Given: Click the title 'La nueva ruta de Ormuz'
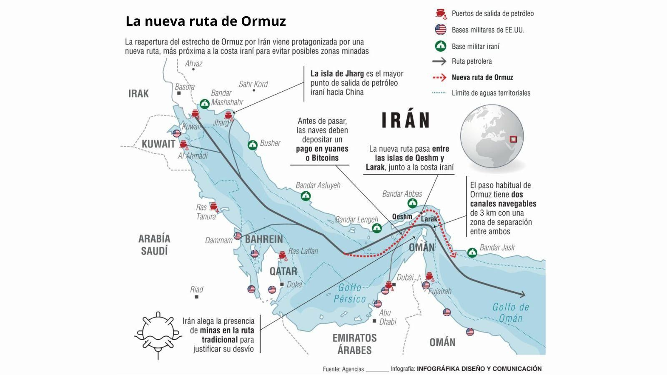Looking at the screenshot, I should coord(206,21).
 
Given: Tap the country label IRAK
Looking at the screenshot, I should coord(138,93).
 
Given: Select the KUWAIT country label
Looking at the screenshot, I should coord(158,144).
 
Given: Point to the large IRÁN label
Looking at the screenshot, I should coord(406,120).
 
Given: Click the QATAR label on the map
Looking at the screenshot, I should coord(283,271).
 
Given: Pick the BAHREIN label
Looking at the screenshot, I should coord(264,239).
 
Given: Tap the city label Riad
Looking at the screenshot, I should coord(196,289).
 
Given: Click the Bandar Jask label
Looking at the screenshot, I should coord(497,247).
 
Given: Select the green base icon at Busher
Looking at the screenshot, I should coord(253,145).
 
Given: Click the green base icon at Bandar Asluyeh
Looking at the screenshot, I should coord(306,196).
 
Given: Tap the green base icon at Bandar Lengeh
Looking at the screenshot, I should coord(377,227).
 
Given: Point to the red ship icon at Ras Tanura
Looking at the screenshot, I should coord(214,206).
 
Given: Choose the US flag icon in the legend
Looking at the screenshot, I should coord(441,30).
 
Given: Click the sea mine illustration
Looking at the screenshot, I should coord(158,333).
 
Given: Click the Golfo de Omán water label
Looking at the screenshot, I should coord(511,312).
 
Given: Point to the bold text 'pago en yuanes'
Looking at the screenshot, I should coord(322,149).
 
